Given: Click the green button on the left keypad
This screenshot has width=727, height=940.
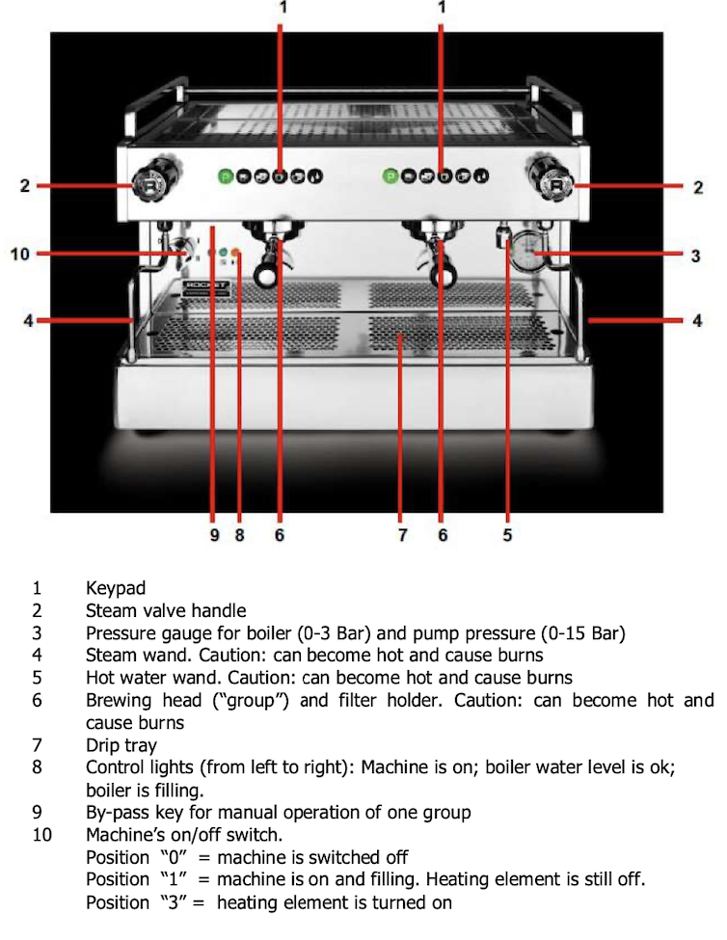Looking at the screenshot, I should [224, 176].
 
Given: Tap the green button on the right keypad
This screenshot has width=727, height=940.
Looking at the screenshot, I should [390, 176].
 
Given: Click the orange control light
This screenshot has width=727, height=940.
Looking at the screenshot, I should [235, 254].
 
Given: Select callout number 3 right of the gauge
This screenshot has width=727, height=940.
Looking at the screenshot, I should [695, 255].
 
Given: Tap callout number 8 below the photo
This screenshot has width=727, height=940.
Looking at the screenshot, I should [240, 535].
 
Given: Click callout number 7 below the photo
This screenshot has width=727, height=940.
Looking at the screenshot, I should [402, 535].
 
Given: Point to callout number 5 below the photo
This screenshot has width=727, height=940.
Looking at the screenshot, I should [507, 535].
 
